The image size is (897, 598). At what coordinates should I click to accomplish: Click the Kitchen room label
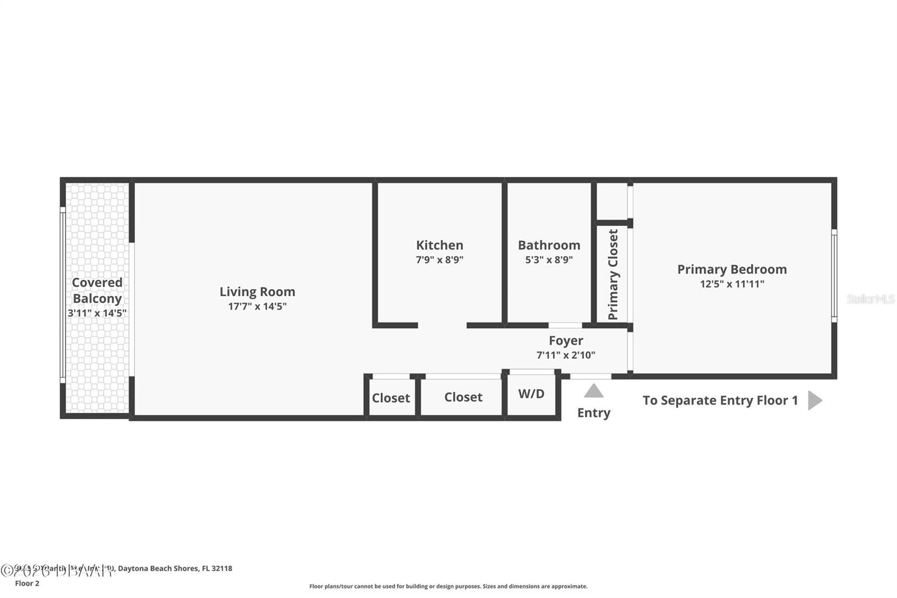pos(440,245)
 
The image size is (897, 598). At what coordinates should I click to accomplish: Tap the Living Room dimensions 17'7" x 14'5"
pos(257,306)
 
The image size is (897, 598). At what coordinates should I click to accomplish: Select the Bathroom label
pos(549,245)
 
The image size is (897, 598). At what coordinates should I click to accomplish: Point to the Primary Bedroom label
pos(732,269)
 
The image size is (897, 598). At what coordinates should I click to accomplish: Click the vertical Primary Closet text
pos(613,275)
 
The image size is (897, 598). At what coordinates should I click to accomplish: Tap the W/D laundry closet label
pos(531,394)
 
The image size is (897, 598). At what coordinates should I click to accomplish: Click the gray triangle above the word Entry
pos(594,391)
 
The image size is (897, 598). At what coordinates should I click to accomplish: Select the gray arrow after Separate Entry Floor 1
pos(815,401)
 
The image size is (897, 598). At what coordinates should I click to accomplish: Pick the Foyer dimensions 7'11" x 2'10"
pos(566,355)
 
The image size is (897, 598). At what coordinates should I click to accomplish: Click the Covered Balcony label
pos(97,291)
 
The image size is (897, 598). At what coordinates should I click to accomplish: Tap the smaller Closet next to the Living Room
pos(391,398)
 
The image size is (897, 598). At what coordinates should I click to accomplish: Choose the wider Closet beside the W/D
pos(463,397)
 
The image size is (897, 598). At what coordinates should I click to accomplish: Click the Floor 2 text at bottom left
pos(27,583)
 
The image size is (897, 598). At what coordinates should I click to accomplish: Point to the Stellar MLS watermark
pos(870,299)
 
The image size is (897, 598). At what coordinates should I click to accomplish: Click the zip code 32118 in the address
pos(222,568)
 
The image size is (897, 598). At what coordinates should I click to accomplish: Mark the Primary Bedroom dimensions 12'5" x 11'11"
pos(732,284)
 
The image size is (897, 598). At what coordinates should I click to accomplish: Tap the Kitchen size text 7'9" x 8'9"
pos(440,260)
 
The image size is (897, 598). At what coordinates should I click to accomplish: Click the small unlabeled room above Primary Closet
pos(611,201)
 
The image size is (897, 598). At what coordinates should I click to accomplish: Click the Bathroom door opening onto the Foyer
pos(565,325)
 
